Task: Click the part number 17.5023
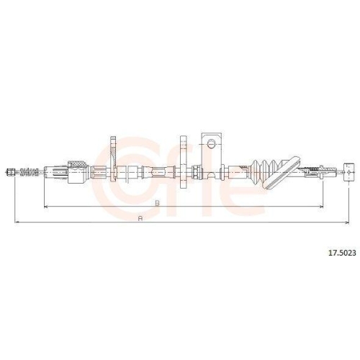tap(342, 253)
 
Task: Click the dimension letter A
tap(140, 218)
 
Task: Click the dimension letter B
tap(157, 203)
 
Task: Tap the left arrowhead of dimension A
tap(17, 222)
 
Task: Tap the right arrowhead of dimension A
tap(347, 222)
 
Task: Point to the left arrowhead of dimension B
tap(46, 207)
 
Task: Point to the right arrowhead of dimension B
tap(321, 207)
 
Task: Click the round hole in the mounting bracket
tap(211, 144)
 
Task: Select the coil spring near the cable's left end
tap(30, 172)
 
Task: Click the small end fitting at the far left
tap(10, 172)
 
